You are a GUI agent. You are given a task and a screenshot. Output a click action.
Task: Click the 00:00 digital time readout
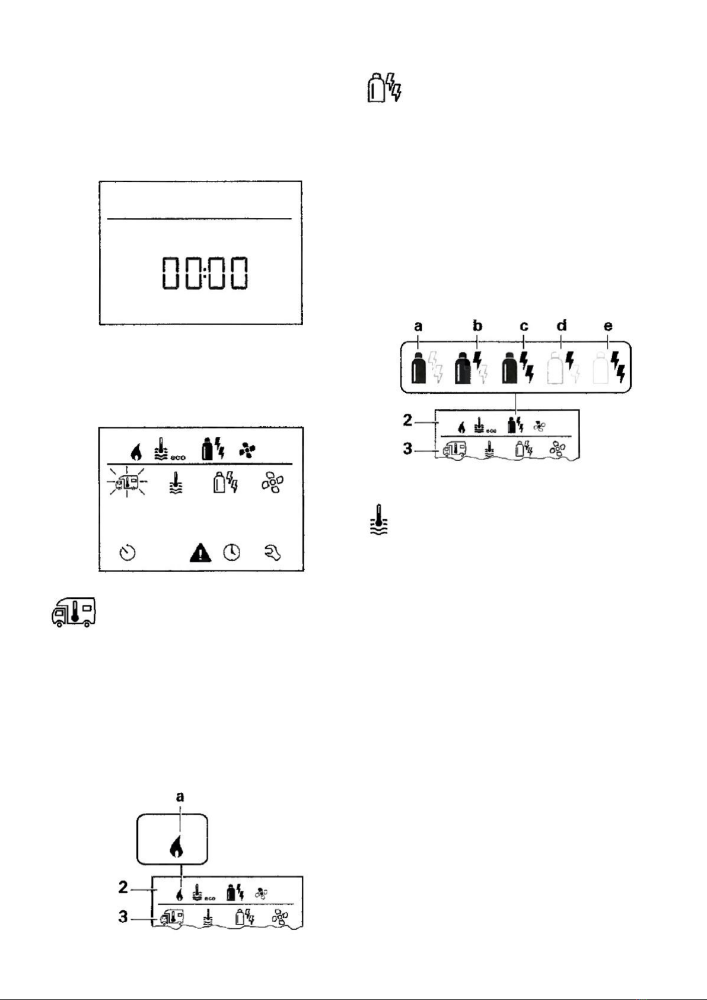click(205, 273)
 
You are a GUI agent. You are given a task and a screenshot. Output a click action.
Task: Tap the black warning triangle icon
click(200, 553)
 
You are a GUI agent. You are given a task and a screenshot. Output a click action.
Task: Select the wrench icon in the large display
click(273, 553)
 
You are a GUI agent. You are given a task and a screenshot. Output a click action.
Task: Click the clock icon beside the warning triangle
click(232, 553)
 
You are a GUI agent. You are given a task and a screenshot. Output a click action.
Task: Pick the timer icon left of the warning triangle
click(128, 553)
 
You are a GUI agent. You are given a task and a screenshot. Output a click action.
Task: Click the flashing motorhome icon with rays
click(128, 481)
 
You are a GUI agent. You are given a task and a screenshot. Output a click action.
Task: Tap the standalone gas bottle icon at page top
click(384, 87)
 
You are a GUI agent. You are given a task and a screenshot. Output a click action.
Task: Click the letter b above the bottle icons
click(477, 326)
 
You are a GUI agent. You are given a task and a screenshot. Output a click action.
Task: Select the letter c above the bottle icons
click(524, 327)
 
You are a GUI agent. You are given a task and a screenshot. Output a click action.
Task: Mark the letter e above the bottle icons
click(608, 327)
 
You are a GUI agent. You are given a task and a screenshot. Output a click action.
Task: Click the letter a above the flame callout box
click(180, 797)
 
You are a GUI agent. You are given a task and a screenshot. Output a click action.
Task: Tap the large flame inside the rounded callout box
click(177, 846)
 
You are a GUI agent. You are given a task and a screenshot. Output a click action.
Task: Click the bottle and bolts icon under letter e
click(609, 367)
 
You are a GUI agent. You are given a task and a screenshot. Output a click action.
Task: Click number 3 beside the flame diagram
click(123, 917)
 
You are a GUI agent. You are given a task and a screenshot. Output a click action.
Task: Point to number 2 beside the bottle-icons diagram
click(407, 420)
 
